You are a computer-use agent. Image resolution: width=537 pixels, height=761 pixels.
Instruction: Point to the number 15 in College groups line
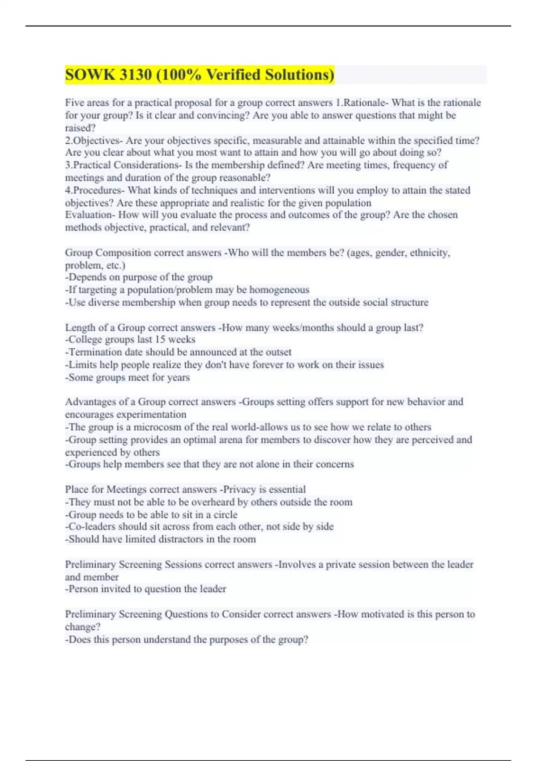160,340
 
